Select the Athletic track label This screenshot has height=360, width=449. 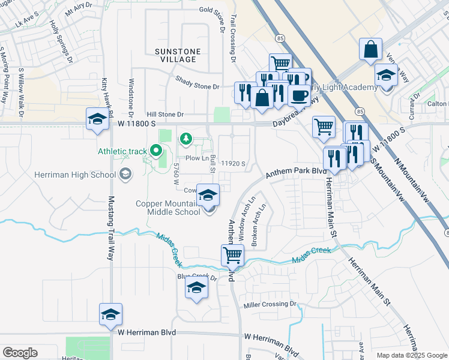pyautogui.click(x=123, y=151)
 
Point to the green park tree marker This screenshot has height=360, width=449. pyautogui.click(x=186, y=139)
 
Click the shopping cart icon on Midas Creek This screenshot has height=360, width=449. pyautogui.click(x=232, y=255)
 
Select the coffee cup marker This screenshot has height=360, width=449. pyautogui.click(x=299, y=94)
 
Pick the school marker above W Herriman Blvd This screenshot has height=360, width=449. pyautogui.click(x=110, y=314)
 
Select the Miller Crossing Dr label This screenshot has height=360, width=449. pyautogui.click(x=270, y=305)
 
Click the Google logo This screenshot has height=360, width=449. pyautogui.click(x=20, y=353)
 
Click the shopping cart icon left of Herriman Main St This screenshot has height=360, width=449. pyautogui.click(x=324, y=126)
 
